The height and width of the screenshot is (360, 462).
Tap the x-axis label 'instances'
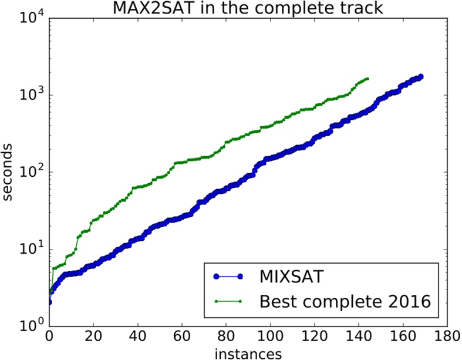coord(248,353)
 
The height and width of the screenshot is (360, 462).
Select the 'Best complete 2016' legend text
coord(345,302)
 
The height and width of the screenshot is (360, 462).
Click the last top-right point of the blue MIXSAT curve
coord(420,77)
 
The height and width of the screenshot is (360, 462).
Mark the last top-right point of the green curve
coord(367,79)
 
